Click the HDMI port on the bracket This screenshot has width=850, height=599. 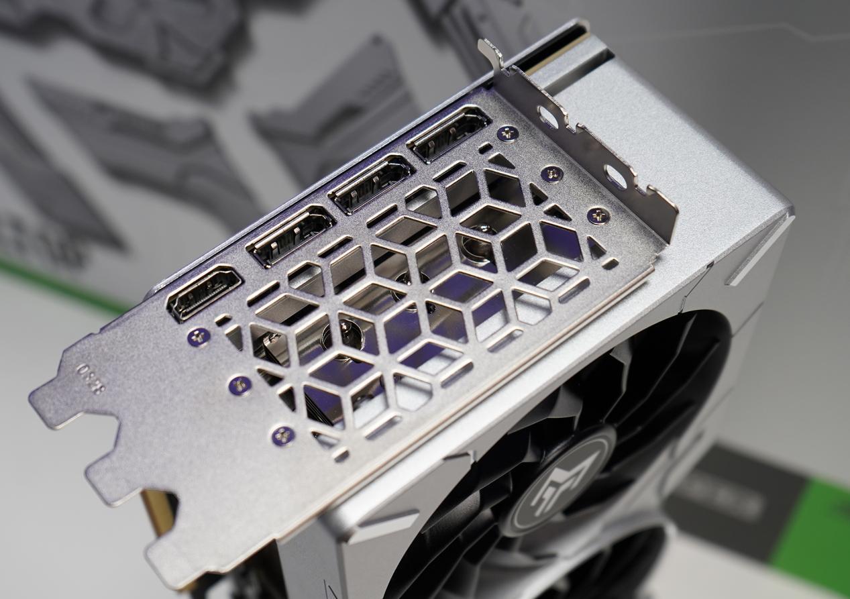(203, 292)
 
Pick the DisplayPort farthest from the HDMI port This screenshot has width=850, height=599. (448, 133)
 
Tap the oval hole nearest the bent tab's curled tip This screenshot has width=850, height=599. (549, 117)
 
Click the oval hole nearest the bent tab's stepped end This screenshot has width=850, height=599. (615, 177)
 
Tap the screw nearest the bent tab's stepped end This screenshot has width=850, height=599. (598, 215)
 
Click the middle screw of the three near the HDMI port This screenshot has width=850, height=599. (240, 385)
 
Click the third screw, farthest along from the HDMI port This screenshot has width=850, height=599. (282, 435)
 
